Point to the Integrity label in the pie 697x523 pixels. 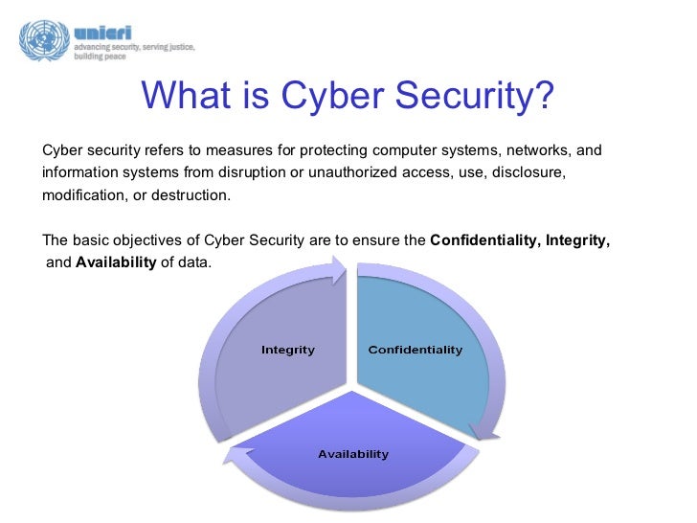(x=288, y=350)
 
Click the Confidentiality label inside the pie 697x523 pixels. (x=416, y=350)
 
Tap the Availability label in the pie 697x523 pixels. (x=353, y=453)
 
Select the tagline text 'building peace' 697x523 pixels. (x=101, y=56)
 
